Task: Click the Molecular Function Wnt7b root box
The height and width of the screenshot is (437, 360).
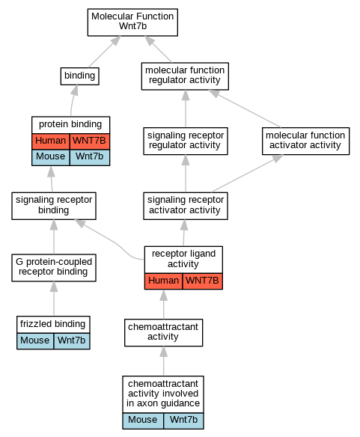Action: [x=132, y=22]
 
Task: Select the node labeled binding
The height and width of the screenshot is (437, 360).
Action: [x=80, y=76]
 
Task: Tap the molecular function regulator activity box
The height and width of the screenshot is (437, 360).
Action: [x=185, y=76]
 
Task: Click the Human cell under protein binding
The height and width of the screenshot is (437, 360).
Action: [x=50, y=141]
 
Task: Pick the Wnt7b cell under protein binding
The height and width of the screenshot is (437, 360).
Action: [x=90, y=157]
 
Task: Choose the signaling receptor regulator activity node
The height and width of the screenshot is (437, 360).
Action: [x=186, y=141]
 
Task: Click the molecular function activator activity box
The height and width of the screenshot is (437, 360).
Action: [x=305, y=141]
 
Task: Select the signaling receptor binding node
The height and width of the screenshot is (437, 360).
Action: [x=54, y=206]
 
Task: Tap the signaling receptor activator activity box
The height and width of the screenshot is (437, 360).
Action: [x=186, y=206]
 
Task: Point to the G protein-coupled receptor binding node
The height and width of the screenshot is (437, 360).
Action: [x=54, y=268]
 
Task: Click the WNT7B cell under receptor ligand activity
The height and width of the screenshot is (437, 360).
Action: [x=202, y=281]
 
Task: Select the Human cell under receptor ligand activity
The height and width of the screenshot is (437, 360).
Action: [x=163, y=281]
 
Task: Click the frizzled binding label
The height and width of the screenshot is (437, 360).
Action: [x=53, y=324]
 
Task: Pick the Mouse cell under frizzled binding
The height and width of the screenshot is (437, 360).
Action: [x=35, y=340]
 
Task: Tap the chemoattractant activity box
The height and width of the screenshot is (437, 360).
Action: [x=163, y=332]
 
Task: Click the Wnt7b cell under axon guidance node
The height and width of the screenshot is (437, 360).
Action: [x=183, y=421]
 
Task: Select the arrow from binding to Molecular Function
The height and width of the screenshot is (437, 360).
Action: [x=105, y=52]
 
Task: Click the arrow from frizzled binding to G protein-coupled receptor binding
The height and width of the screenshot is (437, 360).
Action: [x=54, y=299]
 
